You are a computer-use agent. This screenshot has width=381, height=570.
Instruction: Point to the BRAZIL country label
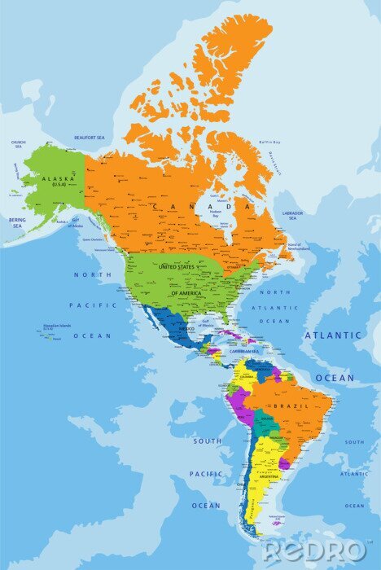click(x=291, y=405)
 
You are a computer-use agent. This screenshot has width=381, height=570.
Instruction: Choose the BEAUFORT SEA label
click(x=90, y=138)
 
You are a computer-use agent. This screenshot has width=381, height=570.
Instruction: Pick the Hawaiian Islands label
click(x=58, y=327)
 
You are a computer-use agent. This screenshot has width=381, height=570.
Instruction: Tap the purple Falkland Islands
click(x=278, y=523)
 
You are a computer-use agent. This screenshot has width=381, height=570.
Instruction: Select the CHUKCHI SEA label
click(x=18, y=143)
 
